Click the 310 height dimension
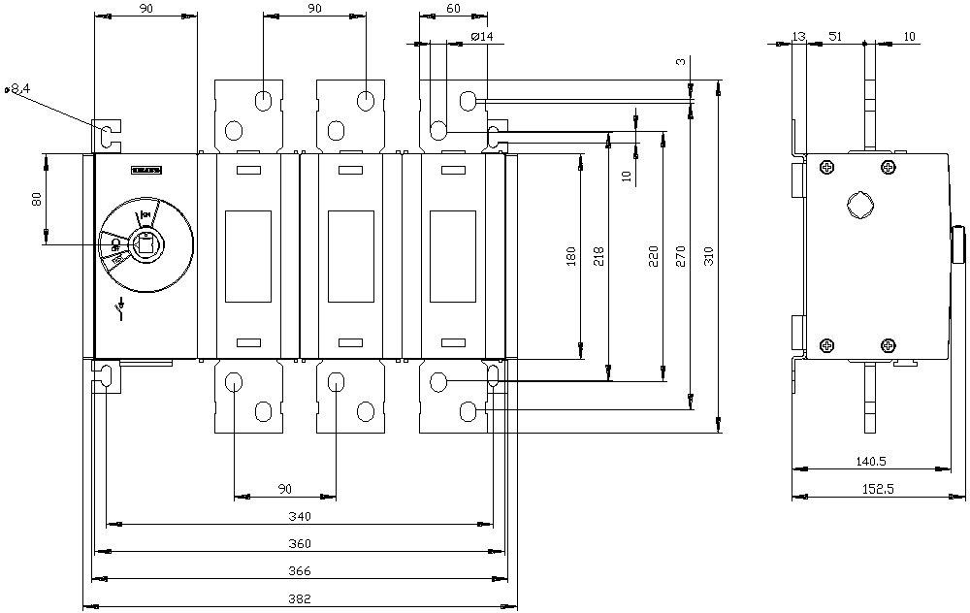(708, 256)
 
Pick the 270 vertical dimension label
(680, 256)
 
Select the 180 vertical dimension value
(571, 256)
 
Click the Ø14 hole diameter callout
(480, 37)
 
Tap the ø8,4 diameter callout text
(18, 88)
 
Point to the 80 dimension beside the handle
(37, 199)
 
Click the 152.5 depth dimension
(877, 489)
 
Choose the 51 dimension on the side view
(835, 37)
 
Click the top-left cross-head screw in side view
(825, 168)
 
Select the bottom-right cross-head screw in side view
(888, 344)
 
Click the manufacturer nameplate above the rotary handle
(145, 170)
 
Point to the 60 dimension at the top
(453, 8)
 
